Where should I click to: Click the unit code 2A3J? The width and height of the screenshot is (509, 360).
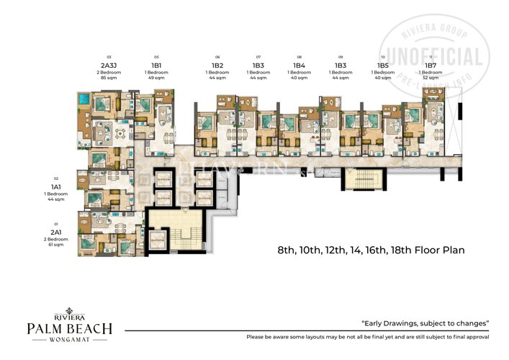[x=109, y=65]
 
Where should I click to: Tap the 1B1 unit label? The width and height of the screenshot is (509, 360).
[x=156, y=65]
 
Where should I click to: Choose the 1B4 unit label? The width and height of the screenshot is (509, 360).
[x=299, y=65]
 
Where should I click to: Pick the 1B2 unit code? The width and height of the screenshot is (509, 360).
[x=217, y=65]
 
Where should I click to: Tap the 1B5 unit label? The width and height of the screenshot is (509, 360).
[x=382, y=65]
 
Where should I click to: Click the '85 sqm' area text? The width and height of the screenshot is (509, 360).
[x=109, y=77]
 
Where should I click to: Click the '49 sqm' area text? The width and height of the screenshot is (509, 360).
[x=156, y=77]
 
